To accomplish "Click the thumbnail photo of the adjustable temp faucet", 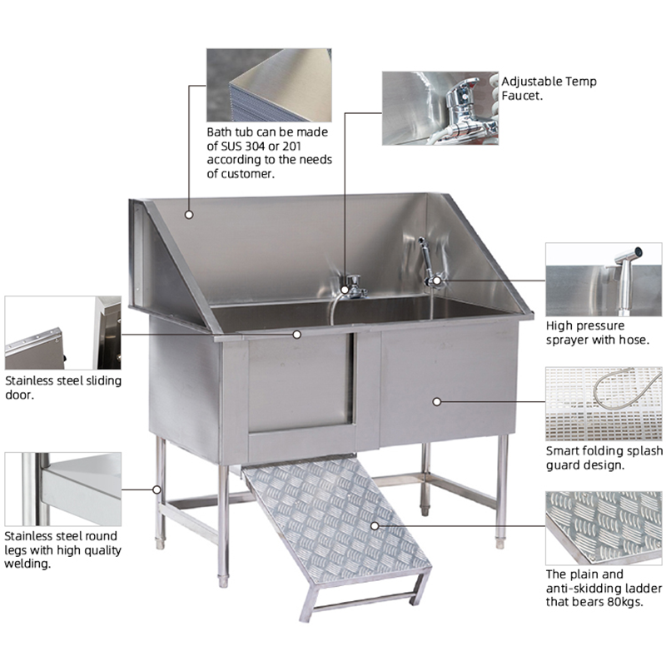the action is (440, 108).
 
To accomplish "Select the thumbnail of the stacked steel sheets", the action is (269, 85).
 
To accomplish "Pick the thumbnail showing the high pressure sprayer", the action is (604, 280).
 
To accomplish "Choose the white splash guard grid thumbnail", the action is (604, 404).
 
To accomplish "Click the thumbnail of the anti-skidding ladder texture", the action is (604, 528).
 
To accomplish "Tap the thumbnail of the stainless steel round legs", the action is (63, 489).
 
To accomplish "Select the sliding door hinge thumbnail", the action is (63, 332).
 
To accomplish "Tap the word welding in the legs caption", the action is (27, 564).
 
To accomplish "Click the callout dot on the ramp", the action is (375, 526).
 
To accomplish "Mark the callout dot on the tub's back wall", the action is (189, 215).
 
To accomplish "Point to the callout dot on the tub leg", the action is (157, 490).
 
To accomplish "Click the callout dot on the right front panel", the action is (436, 401).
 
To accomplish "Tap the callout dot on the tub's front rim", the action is (297, 335).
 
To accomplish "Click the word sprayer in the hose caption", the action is (567, 340).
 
